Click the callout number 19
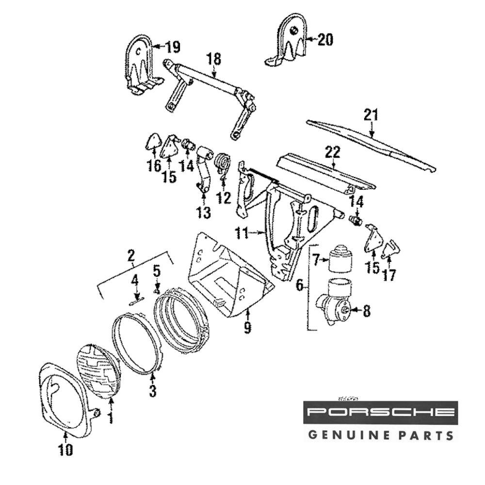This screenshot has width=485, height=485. [x=172, y=47]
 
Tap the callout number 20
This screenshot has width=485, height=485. [x=325, y=40]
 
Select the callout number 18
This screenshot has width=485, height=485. [x=213, y=59]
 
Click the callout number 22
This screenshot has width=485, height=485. [x=334, y=152]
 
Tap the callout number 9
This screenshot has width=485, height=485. [x=247, y=328]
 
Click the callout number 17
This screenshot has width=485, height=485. [x=389, y=275]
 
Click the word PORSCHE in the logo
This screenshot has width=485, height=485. [x=381, y=413]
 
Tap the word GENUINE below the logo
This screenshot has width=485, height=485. [x=345, y=435]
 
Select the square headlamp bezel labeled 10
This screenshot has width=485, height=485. [x=63, y=398]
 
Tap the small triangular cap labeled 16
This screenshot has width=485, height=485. [x=154, y=142]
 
